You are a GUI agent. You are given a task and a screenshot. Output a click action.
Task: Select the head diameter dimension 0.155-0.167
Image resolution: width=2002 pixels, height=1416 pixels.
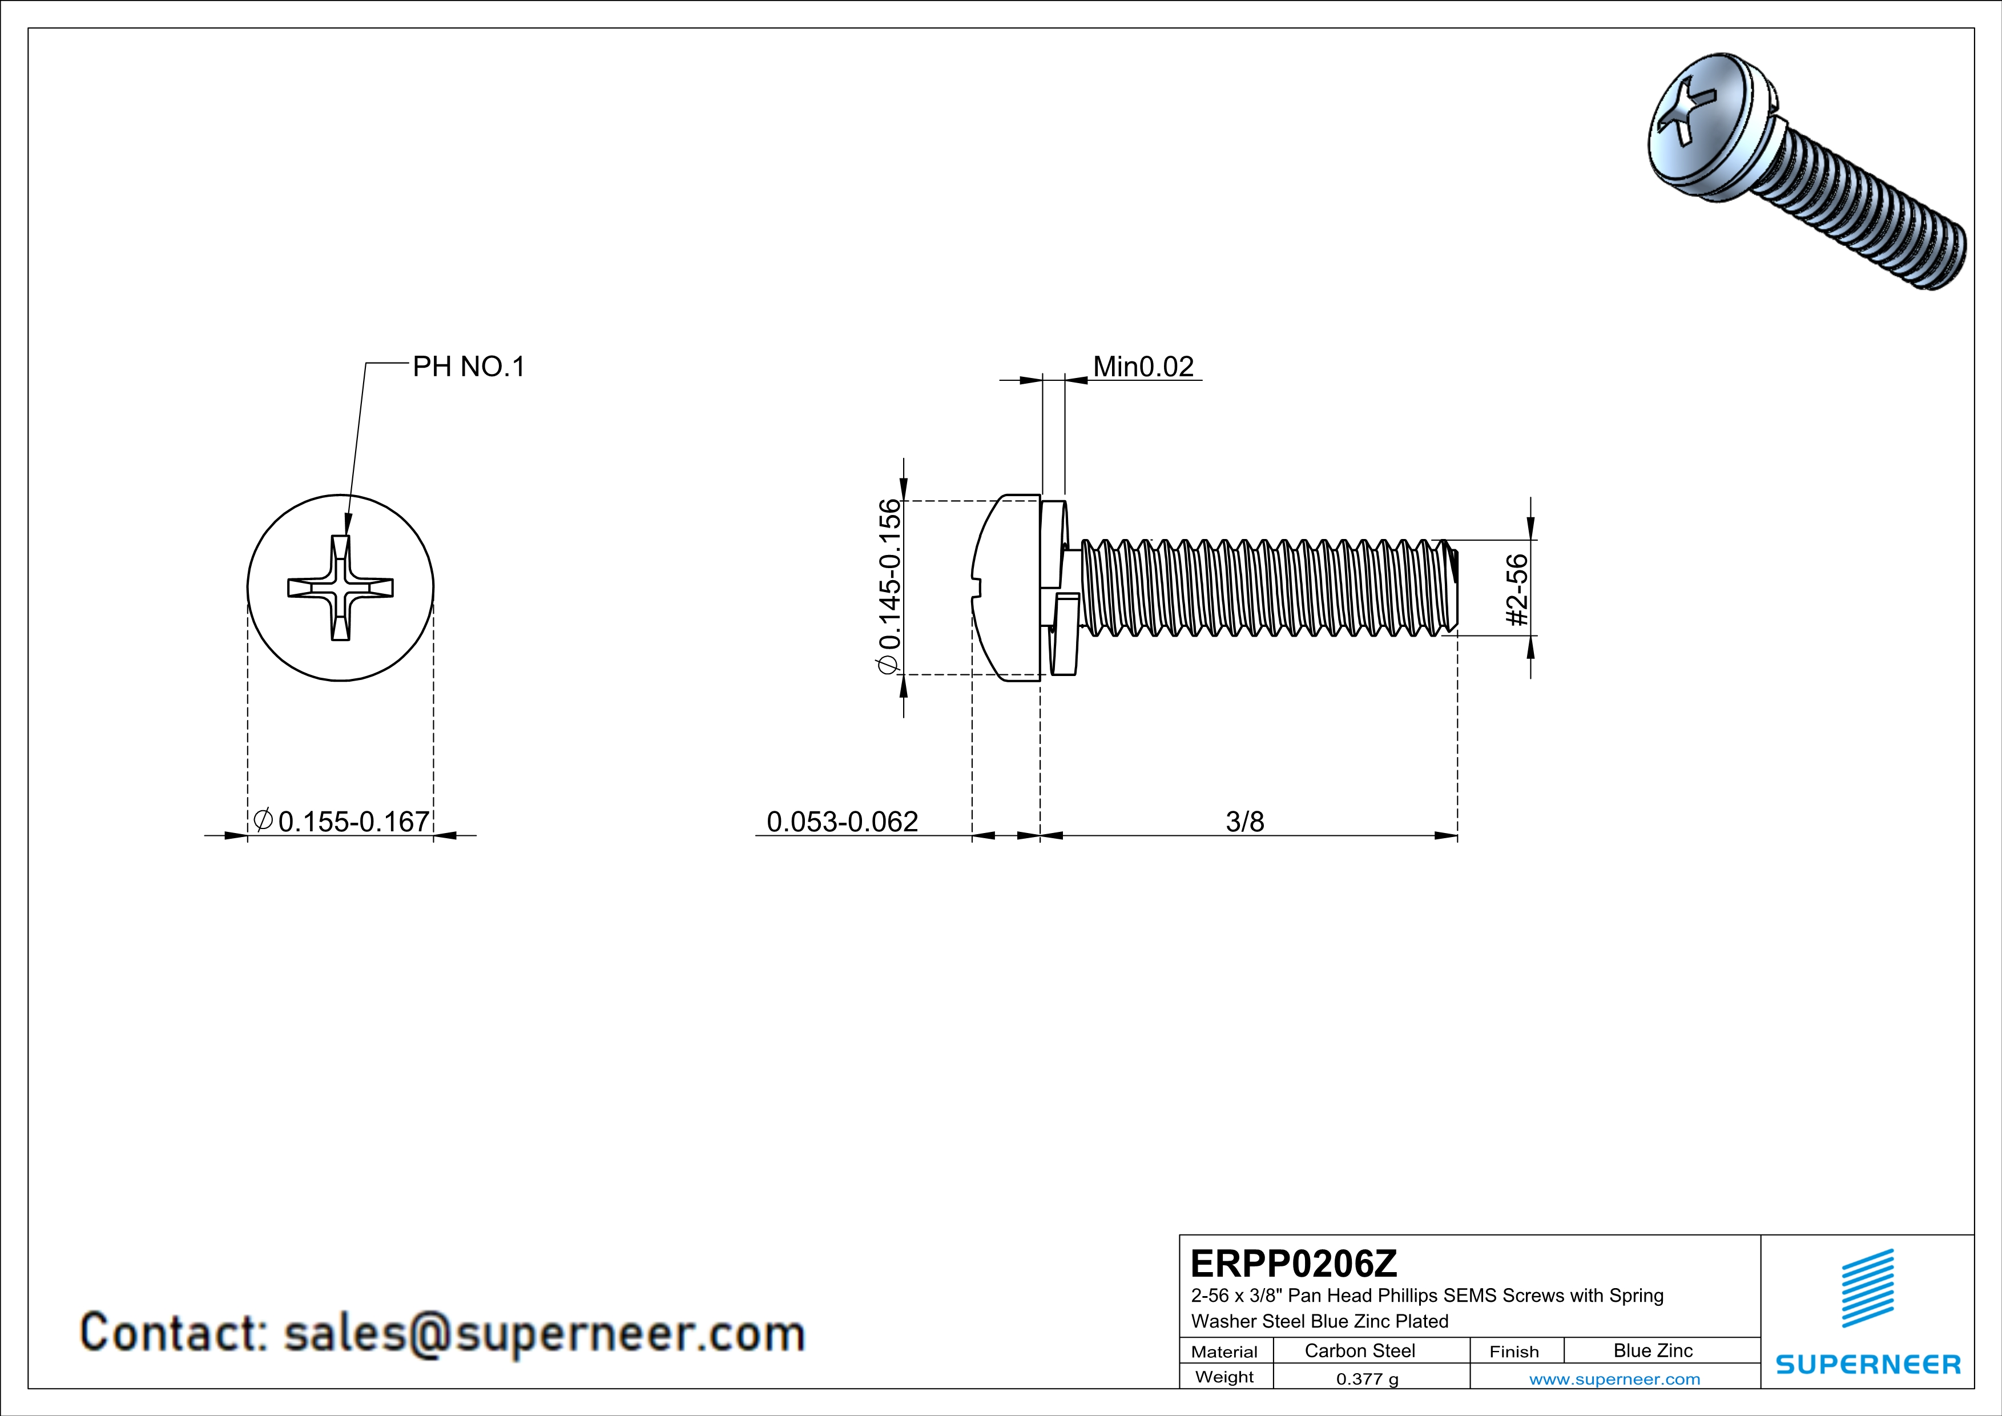click(353, 822)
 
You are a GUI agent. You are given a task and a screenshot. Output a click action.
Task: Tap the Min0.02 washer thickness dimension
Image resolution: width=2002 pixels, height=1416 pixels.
click(1143, 367)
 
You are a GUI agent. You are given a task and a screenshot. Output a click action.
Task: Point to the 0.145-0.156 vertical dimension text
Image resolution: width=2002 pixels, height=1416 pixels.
click(889, 586)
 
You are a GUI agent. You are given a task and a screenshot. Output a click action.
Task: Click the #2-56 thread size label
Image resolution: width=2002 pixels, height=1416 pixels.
click(1518, 590)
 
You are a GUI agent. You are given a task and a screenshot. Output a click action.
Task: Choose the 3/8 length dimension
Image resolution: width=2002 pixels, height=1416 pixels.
click(1244, 822)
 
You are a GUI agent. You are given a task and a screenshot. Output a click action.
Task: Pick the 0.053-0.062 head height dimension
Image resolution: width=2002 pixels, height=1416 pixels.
click(843, 822)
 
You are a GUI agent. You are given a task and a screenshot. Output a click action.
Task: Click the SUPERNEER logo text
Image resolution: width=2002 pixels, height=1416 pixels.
click(1868, 1365)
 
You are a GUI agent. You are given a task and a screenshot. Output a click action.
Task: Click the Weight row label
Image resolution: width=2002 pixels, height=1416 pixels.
click(1224, 1378)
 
